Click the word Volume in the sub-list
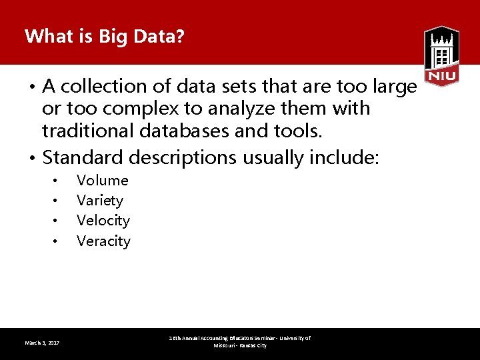102,180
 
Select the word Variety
100,201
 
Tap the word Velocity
103,221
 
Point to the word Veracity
103,241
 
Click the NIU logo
441,57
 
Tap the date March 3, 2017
42,343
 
